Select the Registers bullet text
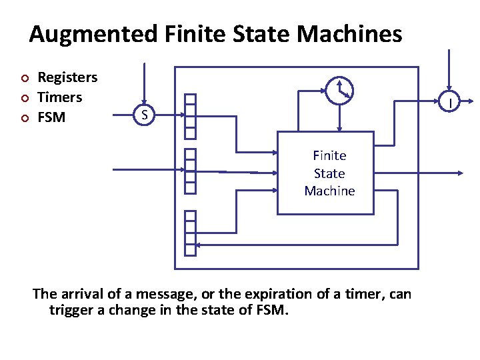click(x=67, y=77)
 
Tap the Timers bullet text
click(x=60, y=97)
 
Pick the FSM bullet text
click(x=52, y=117)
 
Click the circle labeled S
click(x=143, y=115)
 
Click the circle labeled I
click(x=451, y=103)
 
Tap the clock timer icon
click(x=340, y=89)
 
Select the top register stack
click(x=191, y=115)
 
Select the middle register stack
click(x=191, y=171)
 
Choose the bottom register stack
click(x=191, y=233)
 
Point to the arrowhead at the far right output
click(x=459, y=173)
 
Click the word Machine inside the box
click(x=329, y=191)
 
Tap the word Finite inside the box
click(x=329, y=155)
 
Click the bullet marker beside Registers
click(x=25, y=78)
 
